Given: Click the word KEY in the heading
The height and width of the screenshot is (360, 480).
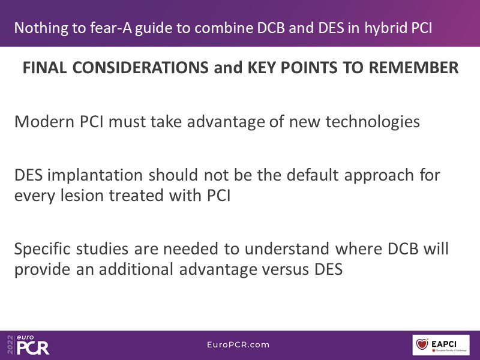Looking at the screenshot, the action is pos(262,68).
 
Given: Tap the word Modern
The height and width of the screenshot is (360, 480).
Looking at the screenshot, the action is pos(44,122).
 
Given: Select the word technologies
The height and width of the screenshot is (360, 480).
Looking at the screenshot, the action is pos(372,122).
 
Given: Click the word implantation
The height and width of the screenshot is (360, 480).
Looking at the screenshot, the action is pos(95,176).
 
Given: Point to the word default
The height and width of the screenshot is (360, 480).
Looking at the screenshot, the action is pos(312,175).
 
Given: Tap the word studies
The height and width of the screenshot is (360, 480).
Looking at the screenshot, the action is pos(102,248).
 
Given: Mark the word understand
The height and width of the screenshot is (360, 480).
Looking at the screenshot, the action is pos(287,248).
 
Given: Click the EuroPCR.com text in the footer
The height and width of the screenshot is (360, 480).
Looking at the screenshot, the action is pos(238,344).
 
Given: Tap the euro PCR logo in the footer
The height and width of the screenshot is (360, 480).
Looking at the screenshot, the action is pos(33,345).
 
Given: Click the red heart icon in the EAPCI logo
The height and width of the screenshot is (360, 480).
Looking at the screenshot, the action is pos(422,344).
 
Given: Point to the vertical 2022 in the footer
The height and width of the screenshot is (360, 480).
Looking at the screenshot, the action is pos(10,345).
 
